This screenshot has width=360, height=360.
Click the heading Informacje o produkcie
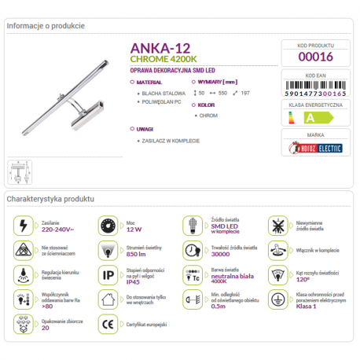(45, 25)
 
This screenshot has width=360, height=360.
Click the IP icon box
(107, 275)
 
